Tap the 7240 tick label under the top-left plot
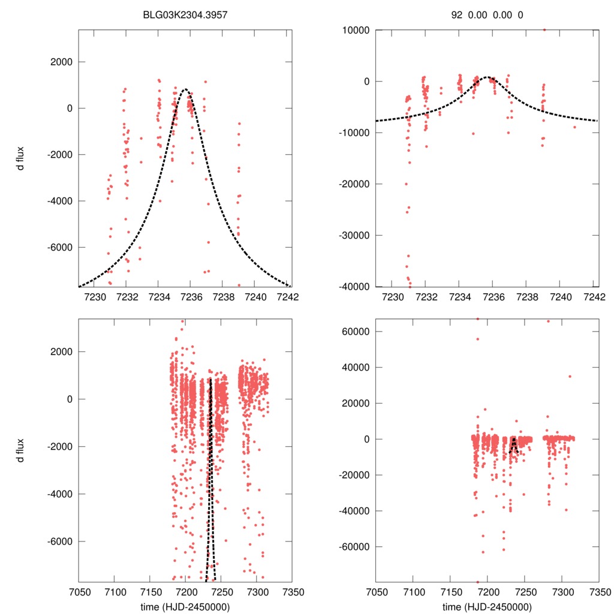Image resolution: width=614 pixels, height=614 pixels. point(255,297)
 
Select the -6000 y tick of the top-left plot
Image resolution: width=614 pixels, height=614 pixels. point(60,247)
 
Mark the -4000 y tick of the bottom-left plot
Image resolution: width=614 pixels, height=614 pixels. point(60,494)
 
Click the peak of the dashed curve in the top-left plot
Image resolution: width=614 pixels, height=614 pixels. point(185,89)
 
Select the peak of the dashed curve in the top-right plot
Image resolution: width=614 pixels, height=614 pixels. point(488,77)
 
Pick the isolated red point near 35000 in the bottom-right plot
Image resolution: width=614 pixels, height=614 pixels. point(570,377)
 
